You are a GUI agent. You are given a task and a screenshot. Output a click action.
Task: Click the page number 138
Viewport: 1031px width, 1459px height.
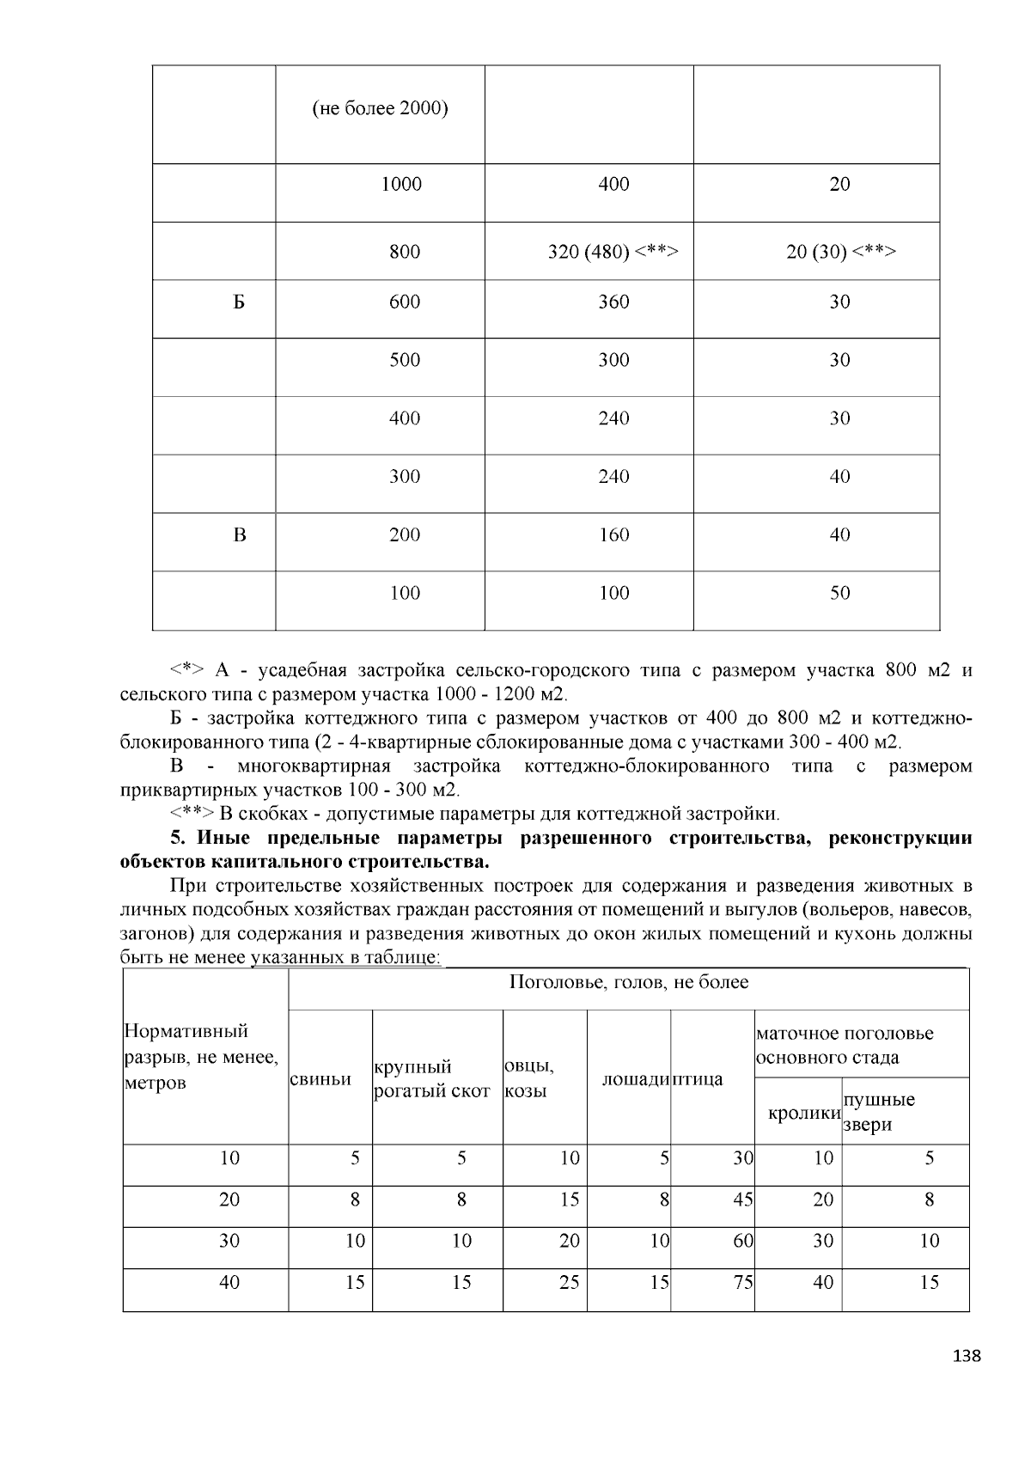pos(967,1356)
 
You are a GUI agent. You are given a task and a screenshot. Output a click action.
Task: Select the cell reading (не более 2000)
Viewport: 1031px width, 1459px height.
pos(380,109)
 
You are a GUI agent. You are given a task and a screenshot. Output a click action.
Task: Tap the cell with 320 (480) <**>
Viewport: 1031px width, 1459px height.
pos(613,252)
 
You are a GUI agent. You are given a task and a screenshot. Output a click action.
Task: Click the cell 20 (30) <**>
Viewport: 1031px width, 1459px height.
pos(840,252)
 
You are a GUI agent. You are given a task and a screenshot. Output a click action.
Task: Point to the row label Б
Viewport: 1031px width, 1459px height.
pos(239,302)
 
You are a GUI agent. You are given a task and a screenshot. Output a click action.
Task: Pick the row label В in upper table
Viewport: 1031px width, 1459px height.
pos(240,535)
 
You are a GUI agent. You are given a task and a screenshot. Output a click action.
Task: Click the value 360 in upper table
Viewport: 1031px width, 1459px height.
pos(613,302)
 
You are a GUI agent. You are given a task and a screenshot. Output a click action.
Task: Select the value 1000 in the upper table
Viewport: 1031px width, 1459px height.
pos(401,184)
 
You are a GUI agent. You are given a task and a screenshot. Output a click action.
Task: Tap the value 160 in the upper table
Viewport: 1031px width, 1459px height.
pos(613,535)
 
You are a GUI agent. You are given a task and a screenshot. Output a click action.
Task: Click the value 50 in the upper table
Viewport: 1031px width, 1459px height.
pos(839,593)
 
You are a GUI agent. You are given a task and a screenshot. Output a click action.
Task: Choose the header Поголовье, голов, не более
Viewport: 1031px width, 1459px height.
pos(628,982)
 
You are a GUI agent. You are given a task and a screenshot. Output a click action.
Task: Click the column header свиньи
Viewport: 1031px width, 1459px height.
pos(320,1079)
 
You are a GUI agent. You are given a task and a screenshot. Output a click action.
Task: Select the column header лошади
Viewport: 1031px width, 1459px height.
pos(635,1079)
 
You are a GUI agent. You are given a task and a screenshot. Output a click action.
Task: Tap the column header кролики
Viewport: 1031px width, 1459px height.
pos(804,1113)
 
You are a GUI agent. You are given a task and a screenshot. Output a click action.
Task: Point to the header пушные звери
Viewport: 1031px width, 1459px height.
pos(878,1112)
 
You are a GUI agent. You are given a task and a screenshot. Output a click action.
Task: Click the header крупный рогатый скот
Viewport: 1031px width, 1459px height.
pos(432,1079)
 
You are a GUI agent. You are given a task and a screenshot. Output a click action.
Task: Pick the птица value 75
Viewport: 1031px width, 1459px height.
pos(743,1283)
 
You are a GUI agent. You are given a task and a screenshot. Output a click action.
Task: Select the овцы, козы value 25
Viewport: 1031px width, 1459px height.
pos(569,1283)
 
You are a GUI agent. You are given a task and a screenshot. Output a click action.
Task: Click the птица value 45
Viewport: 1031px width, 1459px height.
pos(743,1200)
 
